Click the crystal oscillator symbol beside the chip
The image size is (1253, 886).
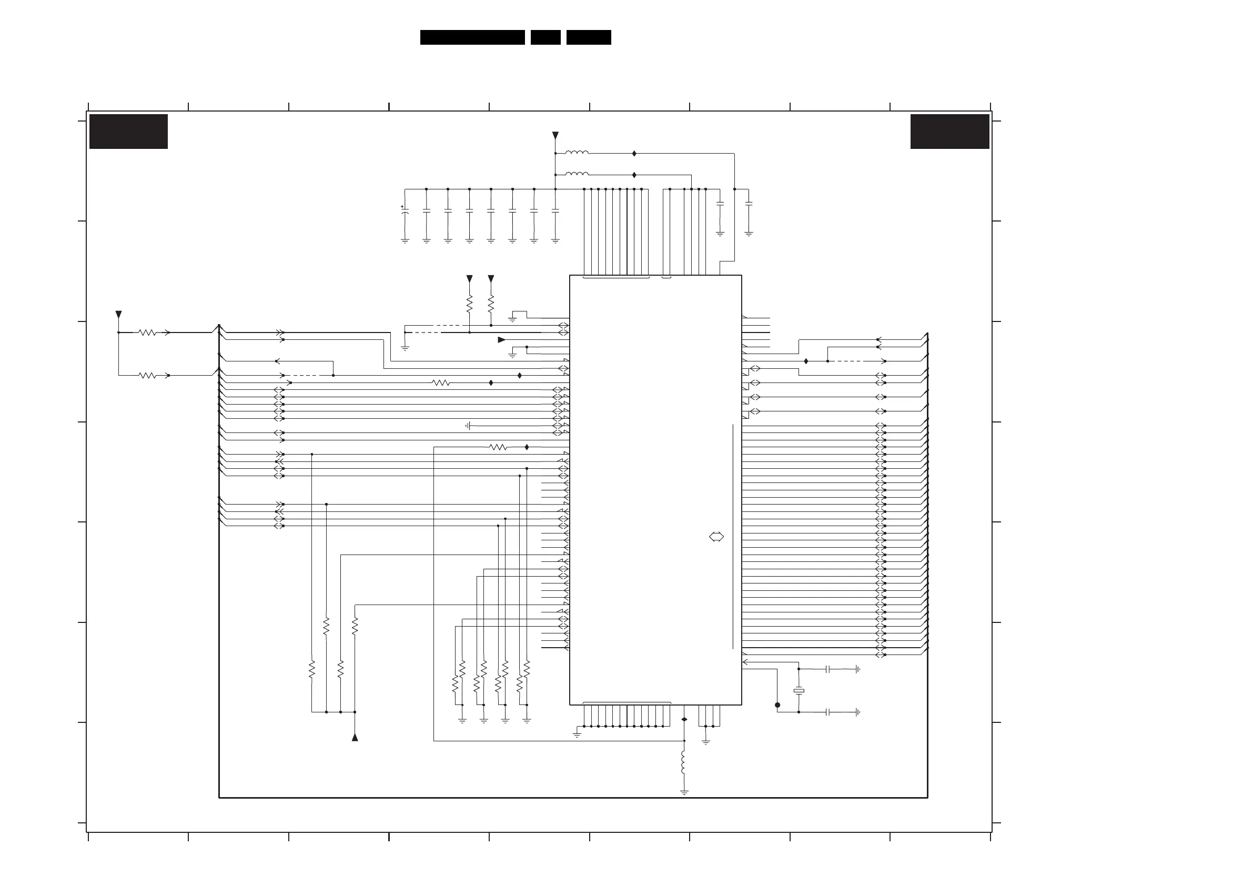coord(799,691)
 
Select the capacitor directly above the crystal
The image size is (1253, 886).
coord(828,669)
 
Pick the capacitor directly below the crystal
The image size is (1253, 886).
coord(828,712)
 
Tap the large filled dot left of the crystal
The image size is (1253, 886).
coord(777,705)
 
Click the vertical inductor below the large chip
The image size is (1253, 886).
coord(684,762)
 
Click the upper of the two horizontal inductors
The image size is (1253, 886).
coord(577,153)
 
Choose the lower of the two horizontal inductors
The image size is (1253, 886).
coord(577,174)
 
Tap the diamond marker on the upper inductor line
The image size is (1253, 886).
coord(634,154)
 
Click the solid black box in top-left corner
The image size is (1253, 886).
coord(128,131)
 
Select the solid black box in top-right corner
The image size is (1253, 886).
coord(949,131)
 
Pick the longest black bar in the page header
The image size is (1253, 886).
coord(472,37)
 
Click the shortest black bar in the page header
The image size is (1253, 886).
coord(545,37)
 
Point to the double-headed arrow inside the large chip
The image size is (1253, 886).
coord(716,537)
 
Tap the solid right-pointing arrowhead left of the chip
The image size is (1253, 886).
coord(501,339)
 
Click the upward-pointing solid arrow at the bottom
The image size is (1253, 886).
coord(355,737)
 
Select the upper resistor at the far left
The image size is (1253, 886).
coord(147,332)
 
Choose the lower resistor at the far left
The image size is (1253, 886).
coord(147,375)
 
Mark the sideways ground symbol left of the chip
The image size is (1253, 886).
coord(468,425)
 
